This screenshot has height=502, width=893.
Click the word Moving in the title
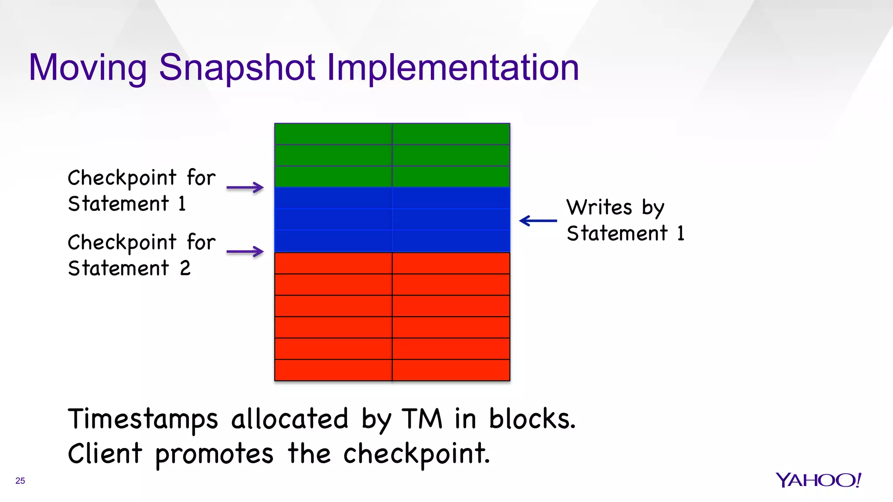point(88,68)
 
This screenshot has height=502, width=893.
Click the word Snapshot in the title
point(237,68)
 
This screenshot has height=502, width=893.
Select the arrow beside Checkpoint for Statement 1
point(245,188)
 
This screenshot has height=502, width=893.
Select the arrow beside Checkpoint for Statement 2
point(245,251)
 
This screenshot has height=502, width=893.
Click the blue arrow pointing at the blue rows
point(538,221)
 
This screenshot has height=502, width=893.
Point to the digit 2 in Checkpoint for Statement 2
point(185,268)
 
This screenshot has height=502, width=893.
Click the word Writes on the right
point(599,207)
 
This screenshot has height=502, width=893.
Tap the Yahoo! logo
point(818,480)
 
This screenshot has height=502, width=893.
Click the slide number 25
point(20,481)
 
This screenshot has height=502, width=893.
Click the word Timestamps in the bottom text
point(143,419)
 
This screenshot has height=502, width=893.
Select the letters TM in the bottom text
point(422,419)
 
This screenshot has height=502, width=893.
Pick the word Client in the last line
point(105,454)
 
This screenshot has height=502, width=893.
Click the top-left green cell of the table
point(333,134)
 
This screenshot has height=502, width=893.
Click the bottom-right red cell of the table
point(451,370)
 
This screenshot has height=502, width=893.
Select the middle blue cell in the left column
point(333,220)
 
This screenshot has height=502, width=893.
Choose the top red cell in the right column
point(451,263)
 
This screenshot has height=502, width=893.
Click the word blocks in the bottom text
point(532,419)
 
